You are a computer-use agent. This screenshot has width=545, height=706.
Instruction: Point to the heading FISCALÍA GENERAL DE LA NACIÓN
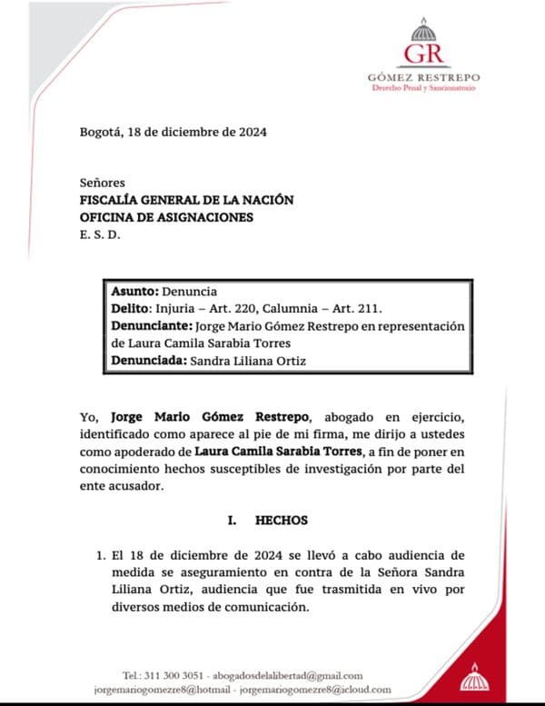click(x=187, y=200)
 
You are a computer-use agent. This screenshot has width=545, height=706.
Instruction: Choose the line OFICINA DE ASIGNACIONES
click(x=167, y=218)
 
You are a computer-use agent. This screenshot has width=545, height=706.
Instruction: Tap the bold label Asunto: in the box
click(x=134, y=293)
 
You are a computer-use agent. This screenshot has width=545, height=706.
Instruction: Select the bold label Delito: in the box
click(x=132, y=310)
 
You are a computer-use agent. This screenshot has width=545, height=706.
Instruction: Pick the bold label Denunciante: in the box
click(x=150, y=326)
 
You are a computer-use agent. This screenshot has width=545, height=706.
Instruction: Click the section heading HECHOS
click(x=282, y=521)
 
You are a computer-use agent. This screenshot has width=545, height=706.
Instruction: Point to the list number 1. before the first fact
click(x=101, y=553)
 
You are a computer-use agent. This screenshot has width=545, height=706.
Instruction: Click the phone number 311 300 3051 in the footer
click(x=174, y=676)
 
